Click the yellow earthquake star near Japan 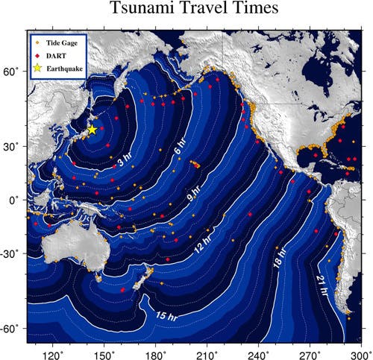point(92,129)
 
